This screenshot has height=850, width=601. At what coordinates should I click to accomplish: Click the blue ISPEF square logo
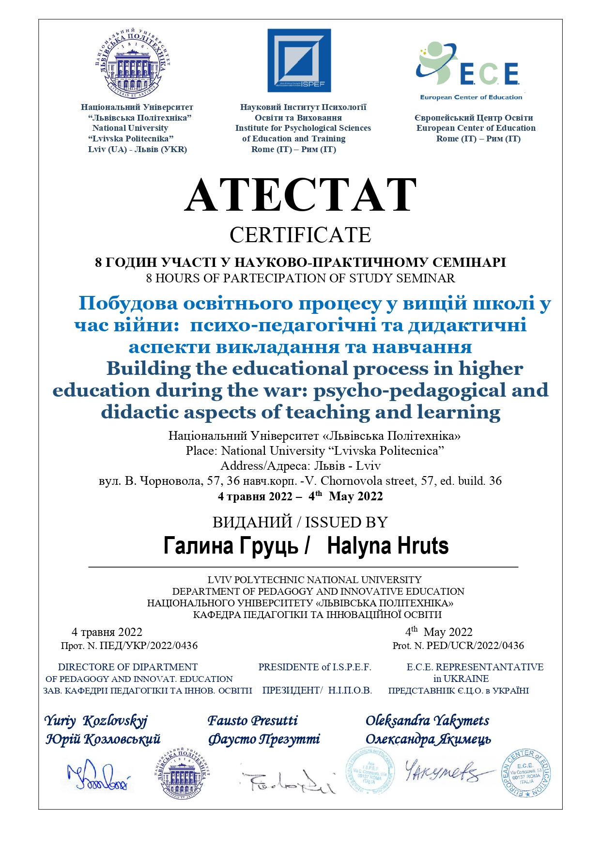tap(299, 61)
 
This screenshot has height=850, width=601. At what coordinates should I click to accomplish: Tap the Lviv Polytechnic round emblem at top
tap(133, 61)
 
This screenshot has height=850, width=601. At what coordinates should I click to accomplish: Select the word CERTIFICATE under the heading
tap(300, 235)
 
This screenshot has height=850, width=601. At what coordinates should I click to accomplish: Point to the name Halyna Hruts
tap(388, 546)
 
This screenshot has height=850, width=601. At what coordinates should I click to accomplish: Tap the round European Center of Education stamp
tap(526, 774)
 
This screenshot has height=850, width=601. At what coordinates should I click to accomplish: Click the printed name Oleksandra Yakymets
tap(427, 721)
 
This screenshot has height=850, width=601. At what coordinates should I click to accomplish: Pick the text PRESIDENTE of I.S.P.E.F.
tap(315, 667)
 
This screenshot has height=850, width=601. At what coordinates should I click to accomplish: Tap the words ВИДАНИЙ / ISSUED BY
tap(300, 522)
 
